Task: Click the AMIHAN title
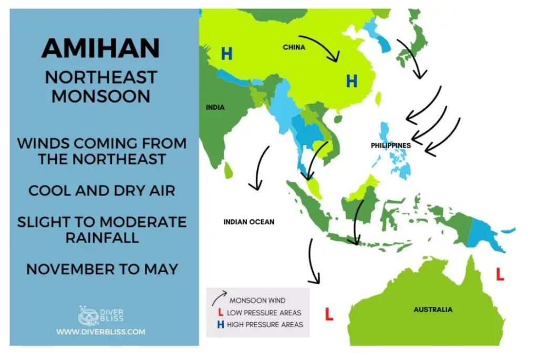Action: (x=101, y=48)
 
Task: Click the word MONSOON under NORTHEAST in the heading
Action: (x=101, y=96)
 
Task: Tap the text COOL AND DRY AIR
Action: (x=102, y=191)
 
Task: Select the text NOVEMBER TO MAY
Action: (x=102, y=269)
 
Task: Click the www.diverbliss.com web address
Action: (x=101, y=332)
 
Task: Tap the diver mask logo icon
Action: (x=88, y=315)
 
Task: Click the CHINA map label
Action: (x=294, y=47)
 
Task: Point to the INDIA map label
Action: (x=215, y=107)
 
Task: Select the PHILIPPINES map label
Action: (x=391, y=146)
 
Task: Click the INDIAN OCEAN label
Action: (x=249, y=222)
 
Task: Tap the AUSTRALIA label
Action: (x=433, y=309)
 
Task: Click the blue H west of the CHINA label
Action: (x=226, y=54)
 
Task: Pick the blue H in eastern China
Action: (x=351, y=81)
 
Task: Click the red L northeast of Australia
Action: (x=500, y=274)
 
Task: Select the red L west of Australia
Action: (x=329, y=314)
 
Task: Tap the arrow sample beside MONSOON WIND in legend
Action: (x=219, y=298)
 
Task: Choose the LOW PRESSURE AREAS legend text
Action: (x=264, y=313)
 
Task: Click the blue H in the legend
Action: (x=221, y=325)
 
